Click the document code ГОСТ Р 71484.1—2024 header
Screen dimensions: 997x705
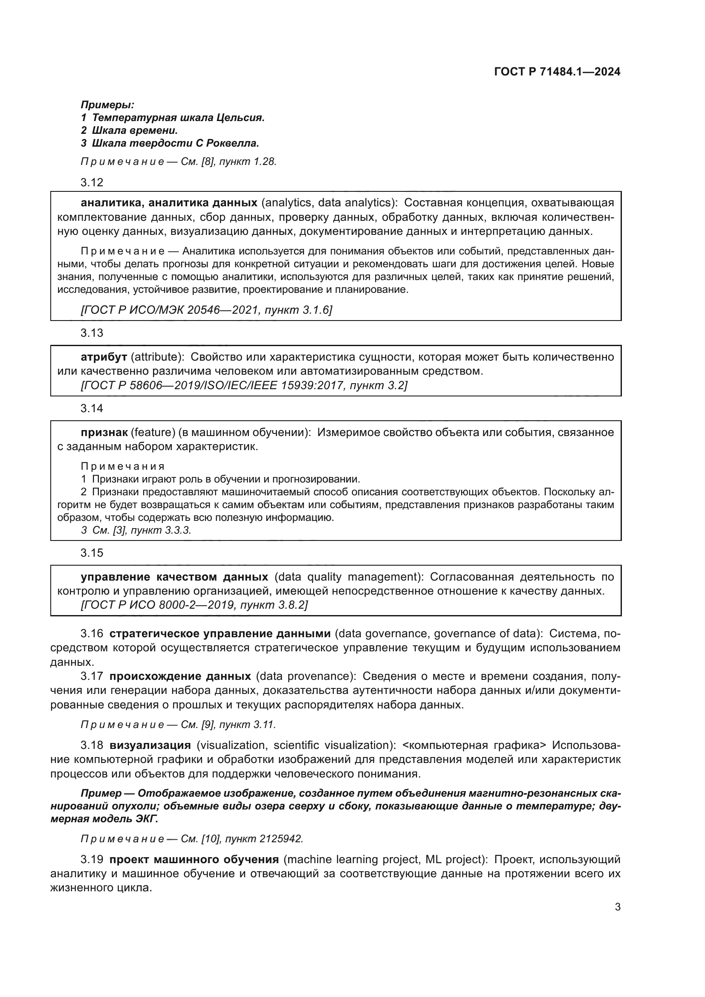[557, 72]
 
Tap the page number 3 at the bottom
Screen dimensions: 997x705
[617, 907]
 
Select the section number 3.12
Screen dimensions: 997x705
[92, 182]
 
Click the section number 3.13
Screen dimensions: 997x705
[92, 333]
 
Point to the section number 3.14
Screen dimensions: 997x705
[92, 409]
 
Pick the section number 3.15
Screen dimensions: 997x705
[92, 553]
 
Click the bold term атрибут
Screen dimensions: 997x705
[104, 357]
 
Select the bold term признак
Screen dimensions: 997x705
[104, 433]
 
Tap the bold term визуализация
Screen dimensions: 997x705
[150, 745]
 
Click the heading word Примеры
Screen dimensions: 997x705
[107, 105]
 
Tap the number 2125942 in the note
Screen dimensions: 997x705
[281, 839]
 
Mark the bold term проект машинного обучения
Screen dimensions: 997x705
[194, 859]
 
